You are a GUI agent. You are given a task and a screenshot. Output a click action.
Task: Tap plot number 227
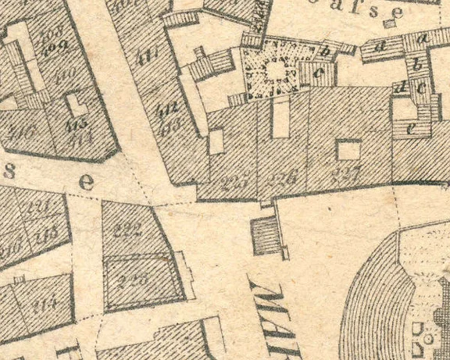coord(346,174)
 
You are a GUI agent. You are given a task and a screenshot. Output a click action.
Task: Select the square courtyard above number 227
coord(348,149)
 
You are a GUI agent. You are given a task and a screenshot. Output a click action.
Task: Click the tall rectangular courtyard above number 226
coord(280,117)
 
